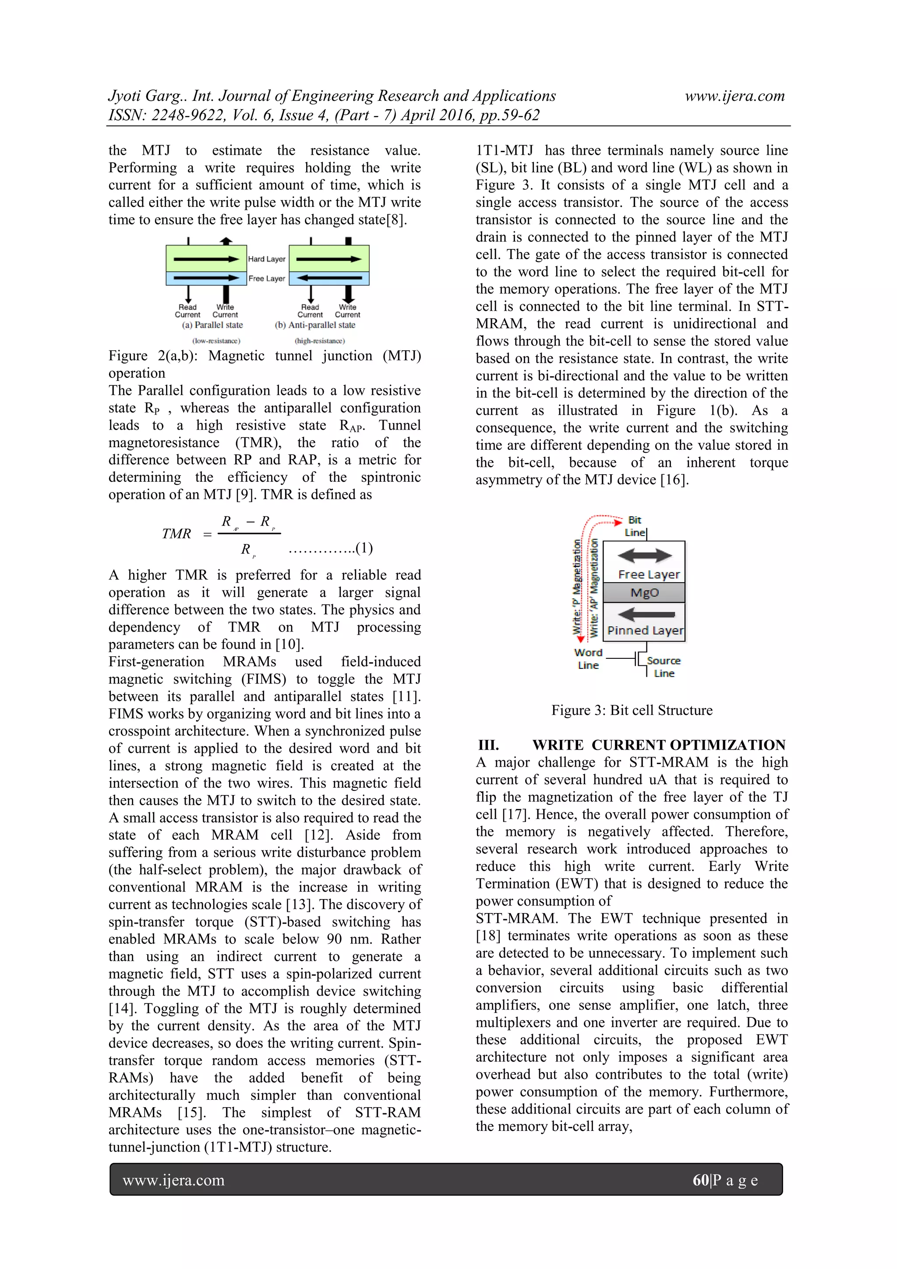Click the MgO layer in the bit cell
[644, 593]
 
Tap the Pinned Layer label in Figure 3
[645, 631]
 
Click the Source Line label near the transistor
[664, 667]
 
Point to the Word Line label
[588, 659]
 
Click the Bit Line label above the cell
[635, 526]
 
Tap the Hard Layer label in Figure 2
[267, 259]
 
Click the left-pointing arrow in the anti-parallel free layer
[329, 278]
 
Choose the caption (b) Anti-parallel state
[315, 325]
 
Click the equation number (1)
[364, 548]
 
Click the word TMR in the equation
[176, 534]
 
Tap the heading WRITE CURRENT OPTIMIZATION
[658, 745]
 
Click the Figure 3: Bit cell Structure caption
[632, 710]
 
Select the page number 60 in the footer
[700, 1180]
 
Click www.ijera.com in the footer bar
[173, 1180]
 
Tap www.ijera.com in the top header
[735, 96]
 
